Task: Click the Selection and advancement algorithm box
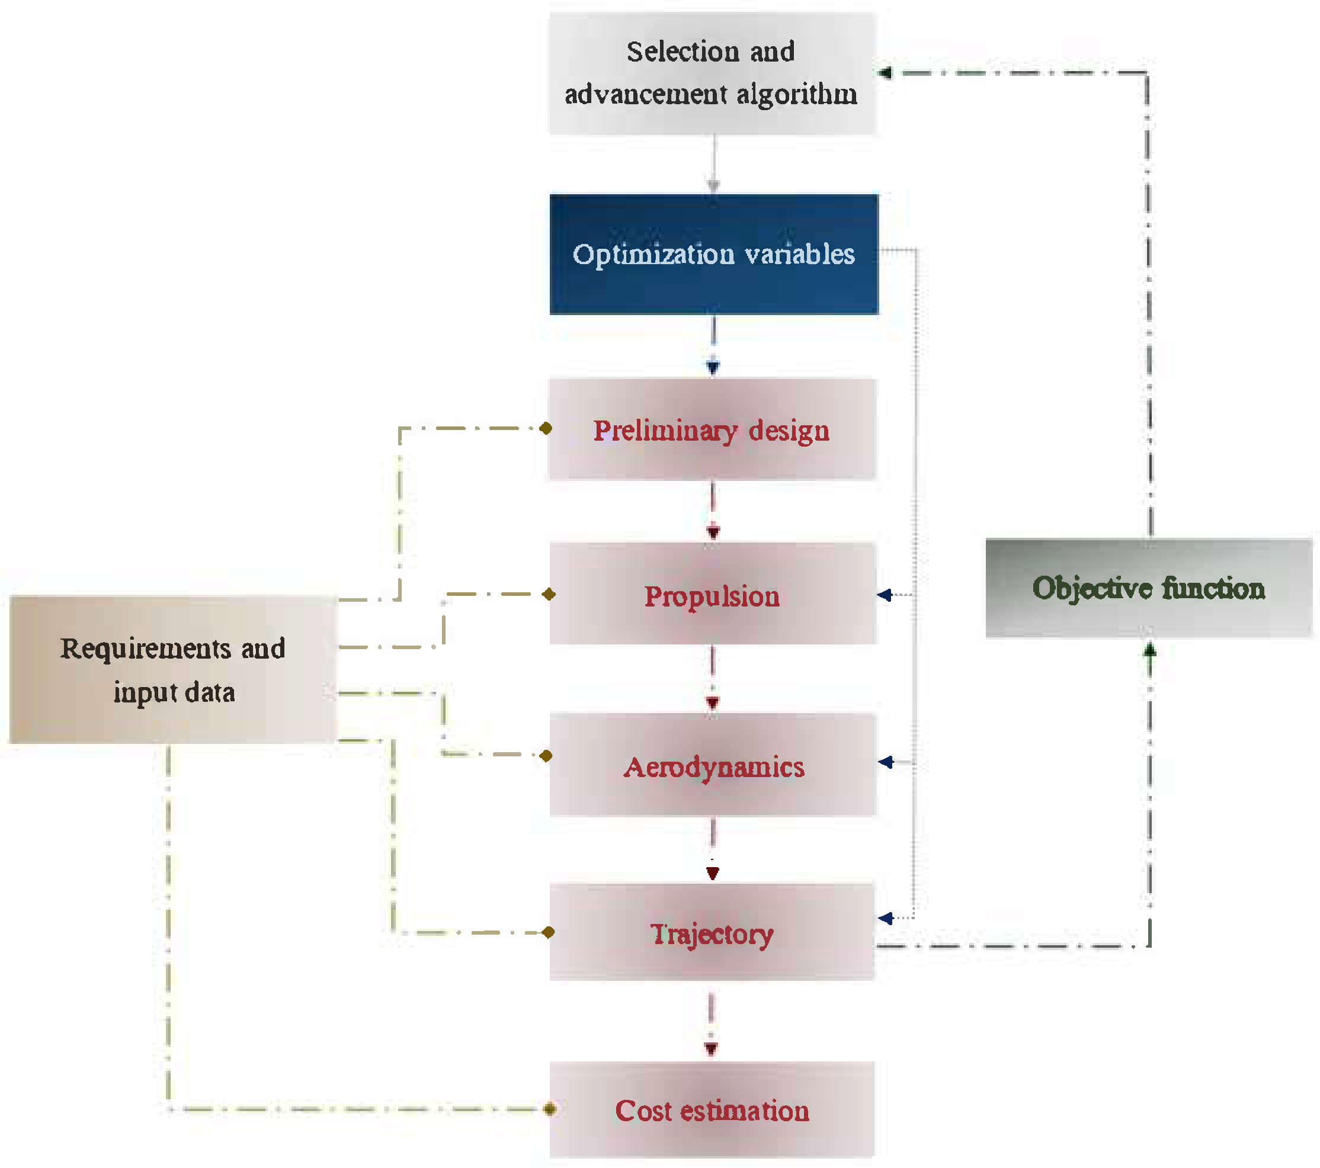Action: (x=712, y=73)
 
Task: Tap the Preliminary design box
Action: (x=712, y=429)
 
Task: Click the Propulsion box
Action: (x=712, y=594)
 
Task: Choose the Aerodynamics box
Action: (x=712, y=765)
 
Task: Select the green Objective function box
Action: (x=1148, y=588)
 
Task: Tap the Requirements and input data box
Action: (x=173, y=669)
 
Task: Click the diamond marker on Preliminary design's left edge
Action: (x=546, y=428)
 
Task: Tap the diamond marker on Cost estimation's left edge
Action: (x=550, y=1109)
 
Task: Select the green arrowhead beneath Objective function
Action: (x=1149, y=650)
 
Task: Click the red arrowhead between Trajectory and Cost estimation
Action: (x=711, y=1049)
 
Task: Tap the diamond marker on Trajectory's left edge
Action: (x=549, y=932)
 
